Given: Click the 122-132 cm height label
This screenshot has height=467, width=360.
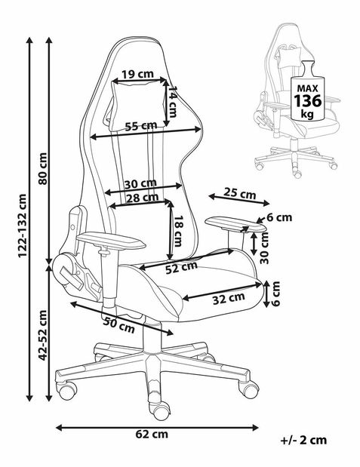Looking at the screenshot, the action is [23, 226].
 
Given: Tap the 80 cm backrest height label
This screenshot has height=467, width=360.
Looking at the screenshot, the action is [42, 168].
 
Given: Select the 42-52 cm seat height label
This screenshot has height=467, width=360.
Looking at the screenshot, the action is [42, 335].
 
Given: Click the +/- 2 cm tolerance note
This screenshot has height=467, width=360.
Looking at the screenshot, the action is [303, 440].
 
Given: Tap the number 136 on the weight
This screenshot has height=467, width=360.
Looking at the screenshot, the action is [308, 100].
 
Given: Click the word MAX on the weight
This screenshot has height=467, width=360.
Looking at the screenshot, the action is [308, 88].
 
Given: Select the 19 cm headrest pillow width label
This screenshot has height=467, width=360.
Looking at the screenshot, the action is [138, 74].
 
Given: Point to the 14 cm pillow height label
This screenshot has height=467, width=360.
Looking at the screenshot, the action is [172, 102].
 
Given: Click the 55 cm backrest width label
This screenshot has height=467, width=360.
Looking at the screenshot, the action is [141, 126].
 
